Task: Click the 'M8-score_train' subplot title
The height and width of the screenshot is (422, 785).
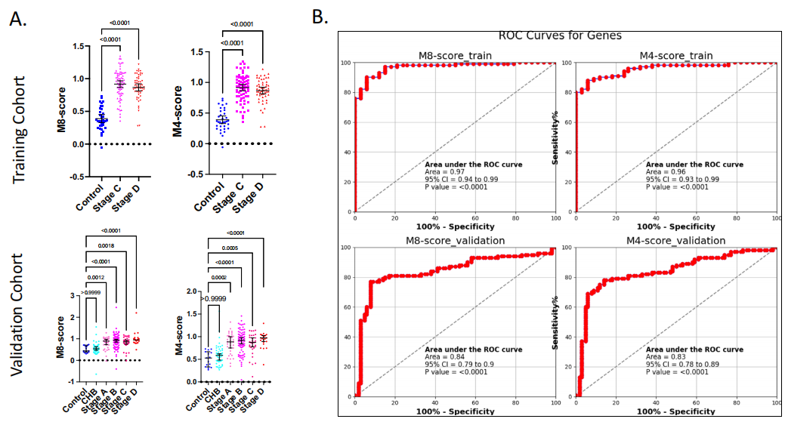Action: coord(456,55)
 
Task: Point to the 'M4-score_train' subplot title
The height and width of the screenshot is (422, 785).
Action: coord(676,55)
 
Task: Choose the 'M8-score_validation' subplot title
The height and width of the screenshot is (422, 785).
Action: coord(456,240)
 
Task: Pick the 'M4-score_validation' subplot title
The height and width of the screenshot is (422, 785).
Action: coord(676,240)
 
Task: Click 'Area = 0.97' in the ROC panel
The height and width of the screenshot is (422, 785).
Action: coord(444,172)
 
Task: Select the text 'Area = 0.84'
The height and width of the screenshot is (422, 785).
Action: coord(444,356)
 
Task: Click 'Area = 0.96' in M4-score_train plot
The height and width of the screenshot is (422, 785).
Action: coord(665,172)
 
